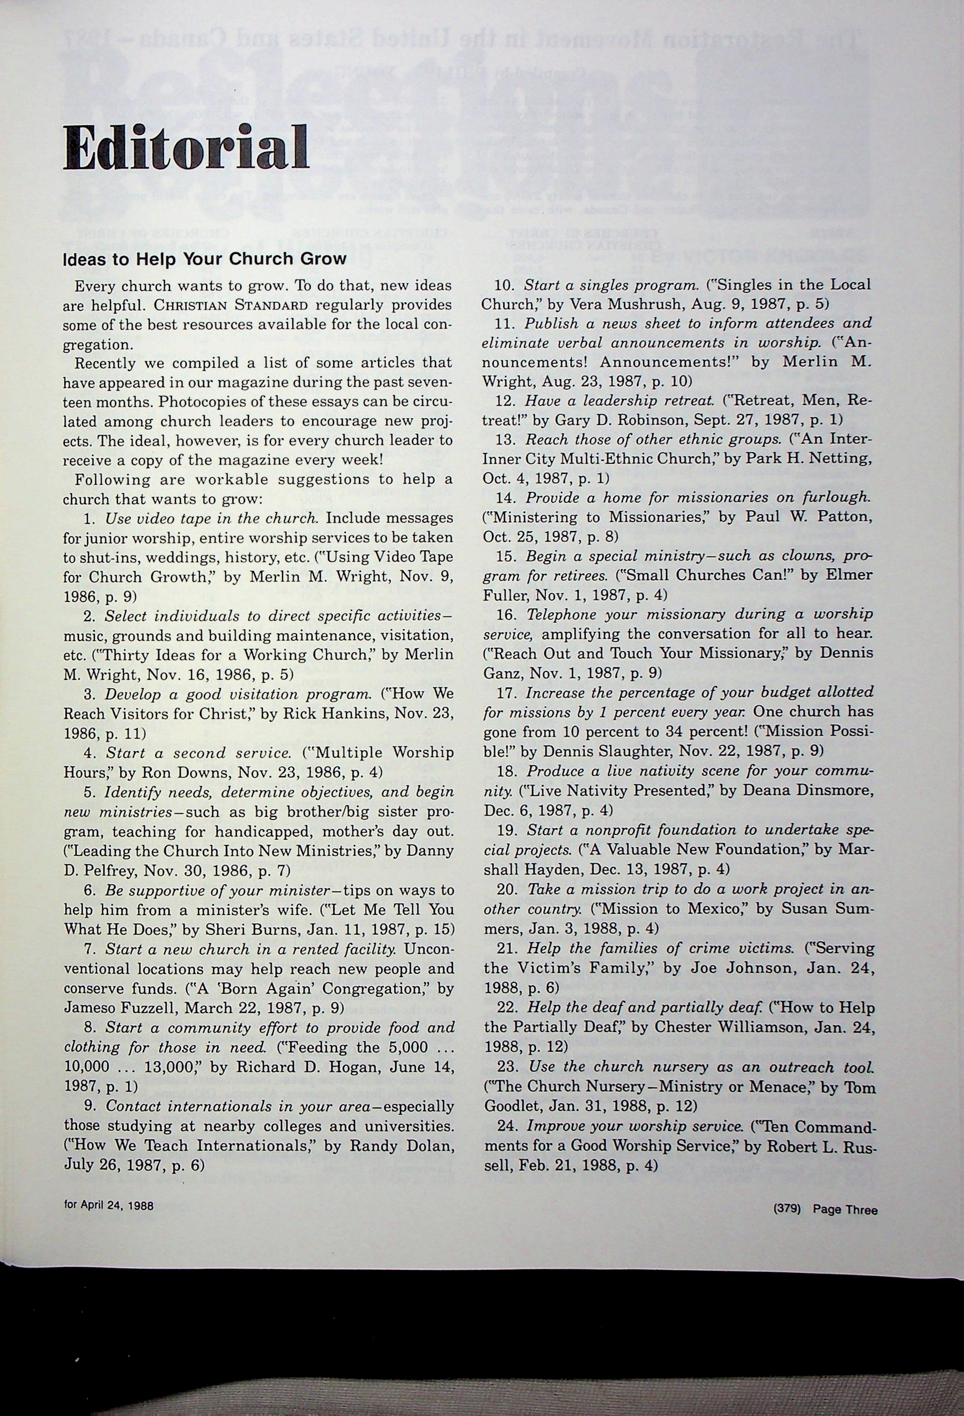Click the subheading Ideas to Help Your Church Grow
tap(205, 259)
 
